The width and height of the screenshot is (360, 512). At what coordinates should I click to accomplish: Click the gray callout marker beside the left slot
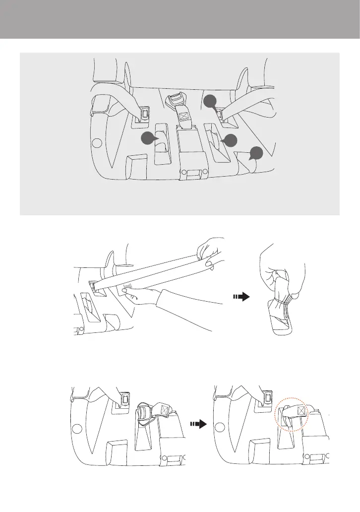pos(148,139)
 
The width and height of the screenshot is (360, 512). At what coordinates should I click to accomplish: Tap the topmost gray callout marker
pos(211,102)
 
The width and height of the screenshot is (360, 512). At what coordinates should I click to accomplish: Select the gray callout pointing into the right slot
pos(229,140)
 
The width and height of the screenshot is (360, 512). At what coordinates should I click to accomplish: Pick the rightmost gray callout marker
pos(256,153)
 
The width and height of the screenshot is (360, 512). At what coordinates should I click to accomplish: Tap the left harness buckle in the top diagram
pos(145,114)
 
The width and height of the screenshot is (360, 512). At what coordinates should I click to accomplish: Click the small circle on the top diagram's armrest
pos(97,143)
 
